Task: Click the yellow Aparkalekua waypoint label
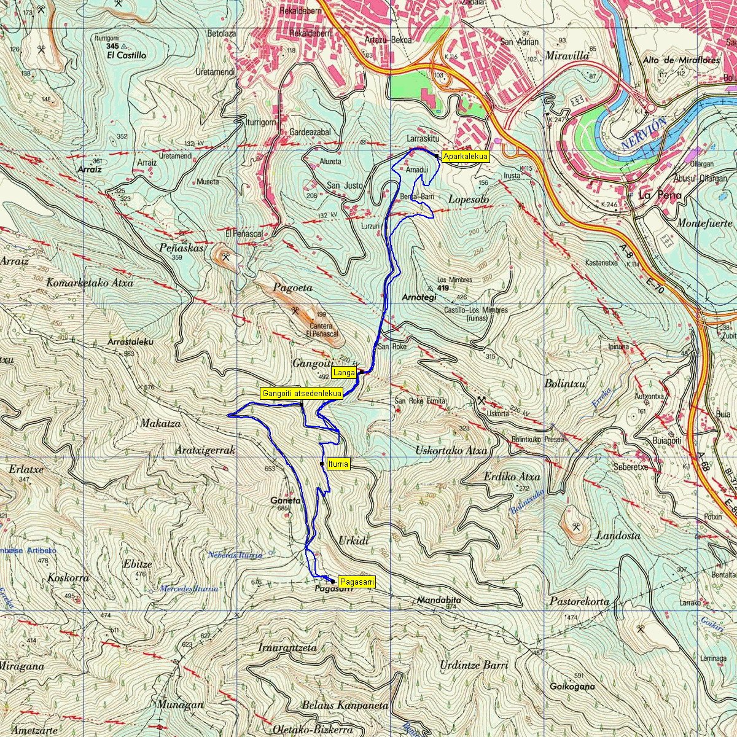pos(465,157)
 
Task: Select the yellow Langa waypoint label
pos(344,372)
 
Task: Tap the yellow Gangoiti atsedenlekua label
pos(301,394)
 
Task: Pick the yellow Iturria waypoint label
pos(338,464)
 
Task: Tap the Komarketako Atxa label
pos(90,283)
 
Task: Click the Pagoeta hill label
pos(292,287)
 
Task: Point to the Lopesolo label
pos(468,200)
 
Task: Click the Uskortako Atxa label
pos(451,450)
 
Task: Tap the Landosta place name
pos(618,536)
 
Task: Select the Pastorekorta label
pos(579,601)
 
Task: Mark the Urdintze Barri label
pos(474,666)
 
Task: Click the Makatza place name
pos(160,424)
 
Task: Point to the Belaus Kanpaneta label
pos(345,706)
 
